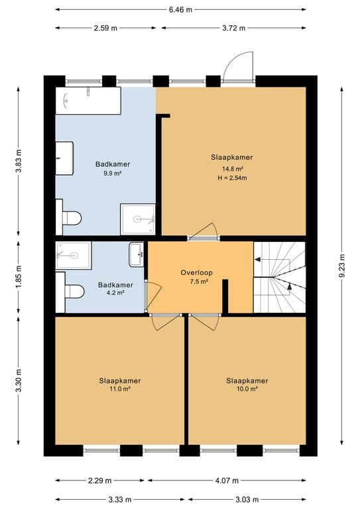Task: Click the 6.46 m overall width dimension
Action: [180, 10]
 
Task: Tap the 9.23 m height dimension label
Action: [342, 266]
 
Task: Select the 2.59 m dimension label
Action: [105, 28]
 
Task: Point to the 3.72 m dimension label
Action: [234, 28]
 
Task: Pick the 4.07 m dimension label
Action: [227, 481]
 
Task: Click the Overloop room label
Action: [197, 272]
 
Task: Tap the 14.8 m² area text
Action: [233, 169]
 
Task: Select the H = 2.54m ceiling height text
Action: [233, 178]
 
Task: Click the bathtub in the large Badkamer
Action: [88, 101]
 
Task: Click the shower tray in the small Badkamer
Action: [74, 255]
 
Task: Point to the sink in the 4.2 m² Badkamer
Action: [137, 254]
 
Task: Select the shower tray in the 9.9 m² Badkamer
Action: [138, 219]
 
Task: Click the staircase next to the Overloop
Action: [280, 277]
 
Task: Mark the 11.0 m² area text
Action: [120, 388]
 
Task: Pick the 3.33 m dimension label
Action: [120, 499]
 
